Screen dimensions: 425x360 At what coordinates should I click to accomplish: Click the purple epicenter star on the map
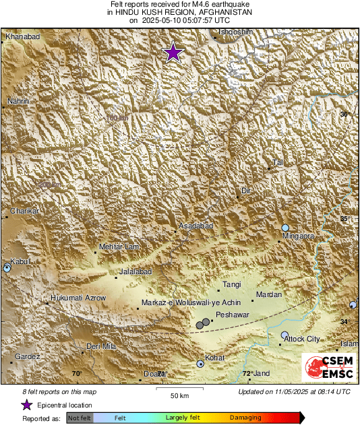[x=174, y=52]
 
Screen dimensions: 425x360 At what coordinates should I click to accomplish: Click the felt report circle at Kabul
[x=7, y=268]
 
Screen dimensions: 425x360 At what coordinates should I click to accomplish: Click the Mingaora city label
[x=297, y=236]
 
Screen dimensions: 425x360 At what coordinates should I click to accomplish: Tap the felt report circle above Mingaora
[x=286, y=228]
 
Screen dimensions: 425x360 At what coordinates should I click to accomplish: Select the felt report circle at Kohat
[x=200, y=364]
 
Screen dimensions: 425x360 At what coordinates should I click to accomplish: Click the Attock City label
[x=303, y=339]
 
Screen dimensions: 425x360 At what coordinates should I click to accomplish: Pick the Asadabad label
[x=196, y=226]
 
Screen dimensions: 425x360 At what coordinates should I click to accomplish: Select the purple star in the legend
[x=26, y=405]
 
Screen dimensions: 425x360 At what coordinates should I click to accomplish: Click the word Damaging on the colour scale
[x=245, y=418]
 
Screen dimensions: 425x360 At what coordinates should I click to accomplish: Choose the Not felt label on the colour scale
[x=80, y=418]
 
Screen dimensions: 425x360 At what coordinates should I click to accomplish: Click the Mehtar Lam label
[x=119, y=247]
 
